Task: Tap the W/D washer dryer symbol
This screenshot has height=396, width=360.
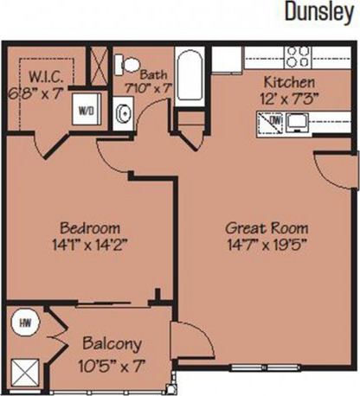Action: (x=87, y=111)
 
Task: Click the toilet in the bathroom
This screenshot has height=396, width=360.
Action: (x=127, y=63)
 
